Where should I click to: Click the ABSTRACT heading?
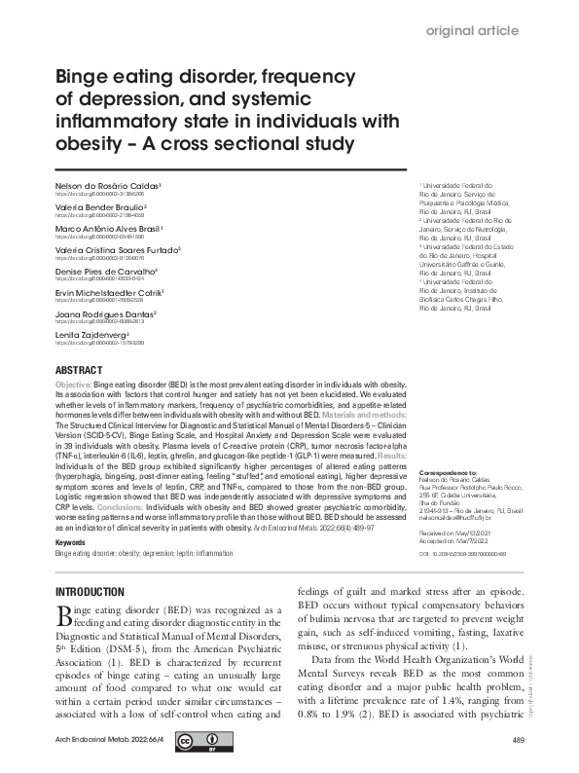78,372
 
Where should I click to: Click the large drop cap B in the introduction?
64,617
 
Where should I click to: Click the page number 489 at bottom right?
518,742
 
